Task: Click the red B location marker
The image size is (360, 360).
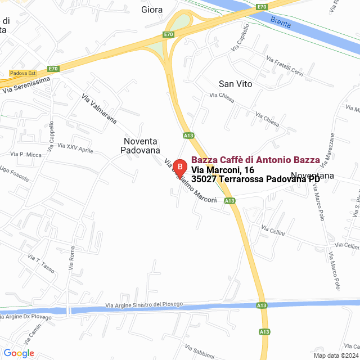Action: coord(179,168)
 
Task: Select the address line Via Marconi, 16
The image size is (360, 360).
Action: coord(223,170)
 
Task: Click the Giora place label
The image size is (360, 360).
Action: coord(152,10)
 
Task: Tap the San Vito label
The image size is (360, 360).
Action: coord(235,84)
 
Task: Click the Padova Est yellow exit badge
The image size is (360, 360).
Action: coord(22,73)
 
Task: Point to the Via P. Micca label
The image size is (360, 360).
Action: coord(26,154)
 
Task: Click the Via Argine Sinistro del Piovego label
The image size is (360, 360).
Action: coord(145,304)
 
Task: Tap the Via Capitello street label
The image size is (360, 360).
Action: coord(239,42)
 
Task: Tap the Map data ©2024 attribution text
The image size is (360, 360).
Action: coord(336,355)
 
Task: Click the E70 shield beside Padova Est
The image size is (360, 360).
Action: coord(53,69)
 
